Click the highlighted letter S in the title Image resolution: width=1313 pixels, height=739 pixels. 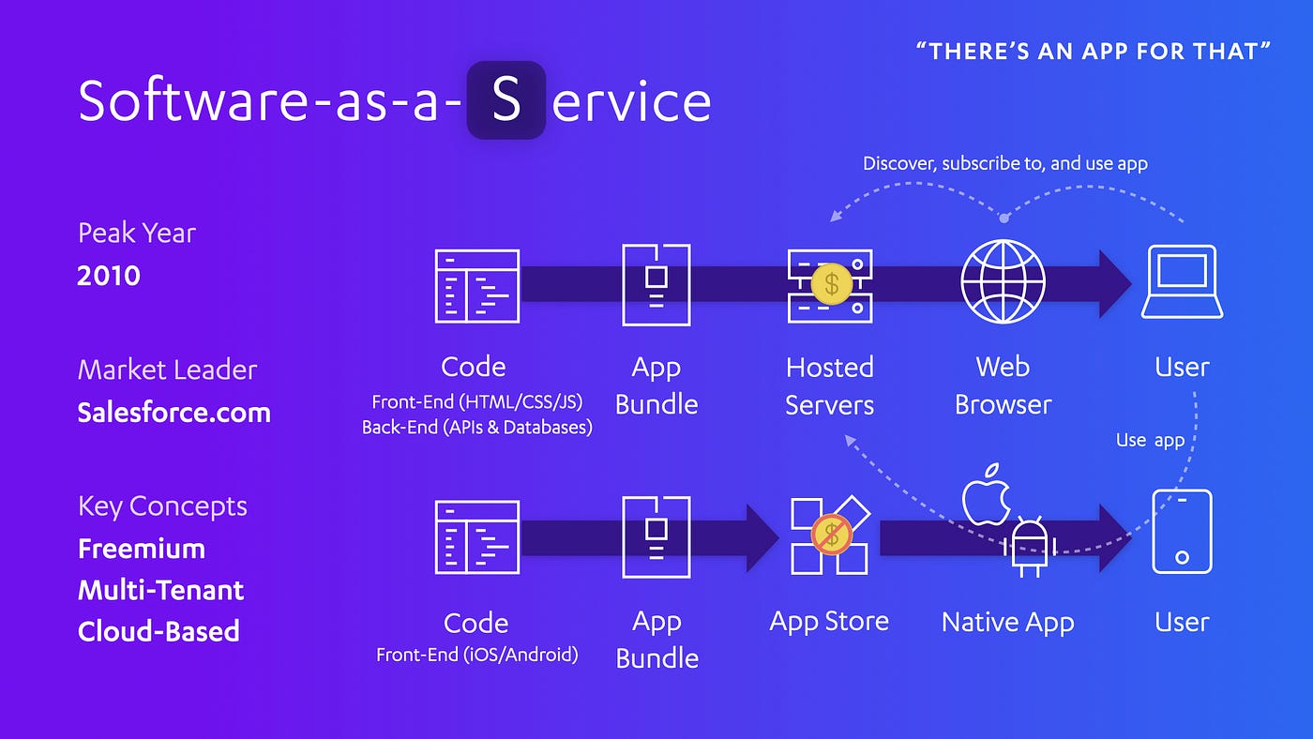click(506, 100)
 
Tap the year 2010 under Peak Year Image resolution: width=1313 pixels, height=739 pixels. click(109, 276)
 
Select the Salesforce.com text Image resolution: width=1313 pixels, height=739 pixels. click(174, 413)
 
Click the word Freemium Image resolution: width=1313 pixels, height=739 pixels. click(142, 549)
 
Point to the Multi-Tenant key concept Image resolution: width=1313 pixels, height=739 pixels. click(160, 590)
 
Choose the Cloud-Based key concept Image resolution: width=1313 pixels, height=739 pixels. click(158, 631)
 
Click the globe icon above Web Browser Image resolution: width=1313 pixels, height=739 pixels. click(1003, 281)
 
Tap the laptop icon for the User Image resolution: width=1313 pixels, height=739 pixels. click(1182, 281)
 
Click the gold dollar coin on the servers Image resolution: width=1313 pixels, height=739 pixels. click(831, 282)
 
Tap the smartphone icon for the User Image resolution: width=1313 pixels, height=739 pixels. click(1182, 532)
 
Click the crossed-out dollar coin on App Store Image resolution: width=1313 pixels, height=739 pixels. click(830, 535)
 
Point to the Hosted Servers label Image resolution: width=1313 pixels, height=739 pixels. click(829, 385)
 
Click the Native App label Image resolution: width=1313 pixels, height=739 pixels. click(1007, 622)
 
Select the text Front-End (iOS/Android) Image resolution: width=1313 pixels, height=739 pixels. click(476, 655)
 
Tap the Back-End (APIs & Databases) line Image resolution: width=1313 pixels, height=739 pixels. click(476, 428)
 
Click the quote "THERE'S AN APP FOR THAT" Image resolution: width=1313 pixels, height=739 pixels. click(1094, 51)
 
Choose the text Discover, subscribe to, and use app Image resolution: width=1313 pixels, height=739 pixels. click(1005, 163)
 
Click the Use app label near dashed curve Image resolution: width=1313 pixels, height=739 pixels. click(1150, 440)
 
